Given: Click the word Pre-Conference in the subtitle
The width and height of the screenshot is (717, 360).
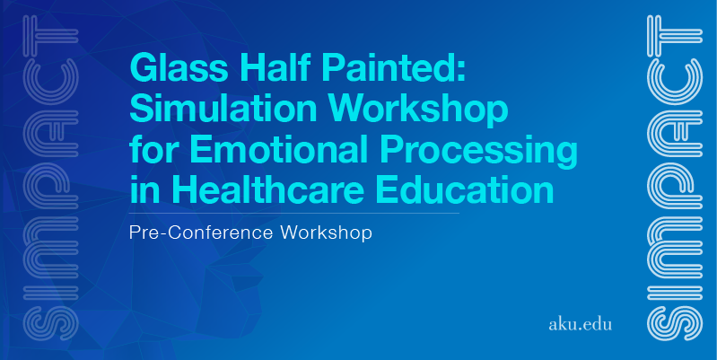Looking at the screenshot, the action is point(202,233).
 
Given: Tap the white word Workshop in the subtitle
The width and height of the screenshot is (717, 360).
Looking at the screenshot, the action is point(326,233).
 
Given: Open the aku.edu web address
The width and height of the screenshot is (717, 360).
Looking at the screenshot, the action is point(580,324).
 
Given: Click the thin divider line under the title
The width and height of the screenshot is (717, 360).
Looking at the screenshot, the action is point(294,213).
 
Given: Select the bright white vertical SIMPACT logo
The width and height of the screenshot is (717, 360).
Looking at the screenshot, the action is point(675,178).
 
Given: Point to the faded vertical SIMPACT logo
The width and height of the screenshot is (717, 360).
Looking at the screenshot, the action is point(51,178).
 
